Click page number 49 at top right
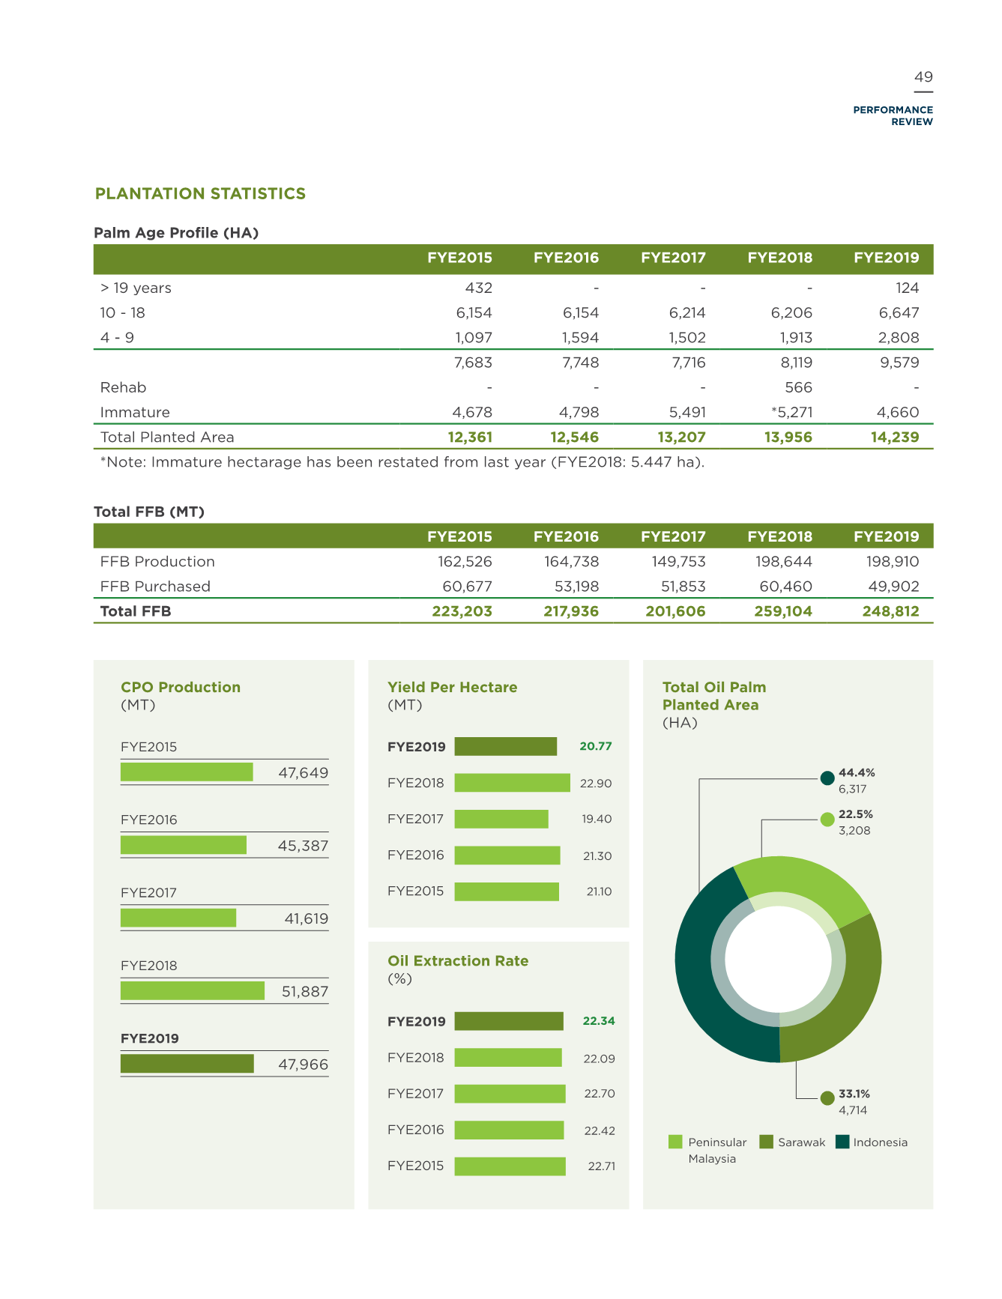coord(923,77)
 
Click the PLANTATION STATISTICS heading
coord(200,194)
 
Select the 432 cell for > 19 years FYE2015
coord(479,288)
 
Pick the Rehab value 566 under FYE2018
coord(798,387)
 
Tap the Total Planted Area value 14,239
coord(895,437)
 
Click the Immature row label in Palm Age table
coord(135,412)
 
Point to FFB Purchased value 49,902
coord(893,586)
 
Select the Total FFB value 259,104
coord(783,611)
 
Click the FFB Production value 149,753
coord(679,561)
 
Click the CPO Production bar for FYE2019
coord(187,1064)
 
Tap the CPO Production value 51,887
coord(305,991)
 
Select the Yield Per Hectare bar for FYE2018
coord(513,783)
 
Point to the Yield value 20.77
coord(596,746)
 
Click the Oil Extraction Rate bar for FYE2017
coord(510,1094)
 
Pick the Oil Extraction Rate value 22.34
coord(599,1021)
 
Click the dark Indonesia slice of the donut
coord(701,974)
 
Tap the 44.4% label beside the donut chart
coord(857,772)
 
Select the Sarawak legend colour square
coord(766,1142)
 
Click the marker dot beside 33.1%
coord(827,1098)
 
